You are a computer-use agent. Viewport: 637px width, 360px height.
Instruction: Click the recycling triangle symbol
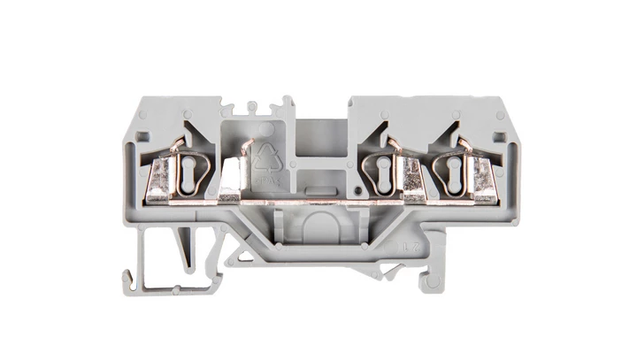point(265,158)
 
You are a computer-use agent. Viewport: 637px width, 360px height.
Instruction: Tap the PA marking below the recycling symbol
point(265,180)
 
